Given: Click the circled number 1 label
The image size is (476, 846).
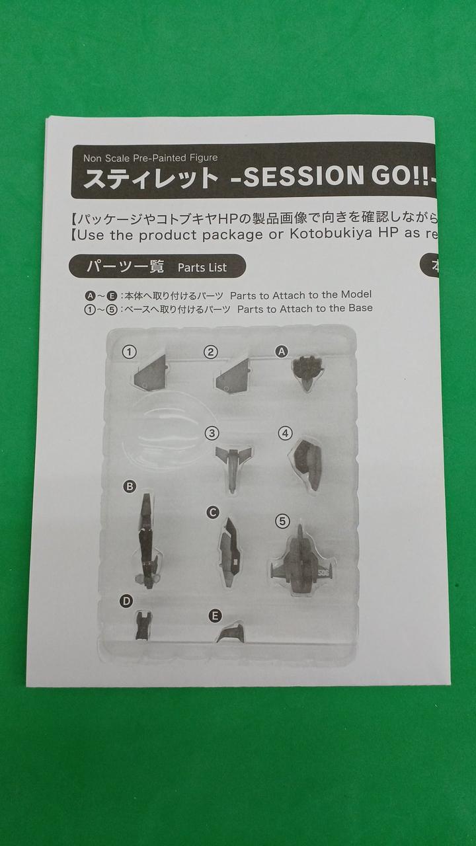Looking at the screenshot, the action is [129, 352].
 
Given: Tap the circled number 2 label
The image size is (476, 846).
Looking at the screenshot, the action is [210, 352].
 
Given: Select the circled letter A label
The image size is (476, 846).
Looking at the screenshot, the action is [281, 352].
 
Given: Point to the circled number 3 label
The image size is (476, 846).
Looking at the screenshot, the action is [212, 433].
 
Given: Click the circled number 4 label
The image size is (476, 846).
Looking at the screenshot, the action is [285, 433].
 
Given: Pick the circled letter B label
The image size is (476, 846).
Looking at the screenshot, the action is [130, 486].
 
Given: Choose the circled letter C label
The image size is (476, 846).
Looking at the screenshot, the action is [213, 512].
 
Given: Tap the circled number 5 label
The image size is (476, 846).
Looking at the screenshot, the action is [282, 521].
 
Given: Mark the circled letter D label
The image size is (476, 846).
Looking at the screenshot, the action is [126, 601].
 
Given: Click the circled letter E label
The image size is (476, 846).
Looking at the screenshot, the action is [215, 617].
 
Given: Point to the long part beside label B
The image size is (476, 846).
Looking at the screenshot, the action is [147, 541].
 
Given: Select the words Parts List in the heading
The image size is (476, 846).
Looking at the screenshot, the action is [202, 268].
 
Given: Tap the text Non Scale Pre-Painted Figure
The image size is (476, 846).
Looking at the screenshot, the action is [150, 157].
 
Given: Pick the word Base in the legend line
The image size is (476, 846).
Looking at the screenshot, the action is [360, 308].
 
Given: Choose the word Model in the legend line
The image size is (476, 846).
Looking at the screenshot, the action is [356, 294].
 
